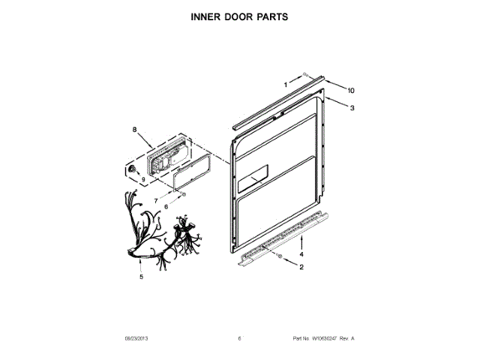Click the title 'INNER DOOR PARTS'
(x=239, y=15)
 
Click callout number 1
(x=286, y=85)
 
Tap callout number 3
(x=352, y=107)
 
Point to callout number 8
(x=135, y=130)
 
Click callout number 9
(x=142, y=180)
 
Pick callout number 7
(x=155, y=201)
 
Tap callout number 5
(x=140, y=277)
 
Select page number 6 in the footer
(x=239, y=339)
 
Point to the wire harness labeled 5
(x=157, y=232)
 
